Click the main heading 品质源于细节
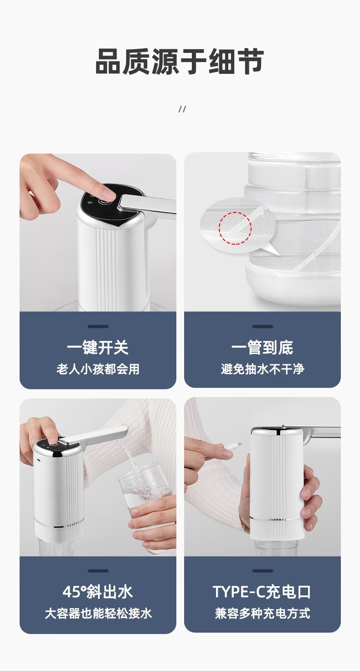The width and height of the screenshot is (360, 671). (x=180, y=62)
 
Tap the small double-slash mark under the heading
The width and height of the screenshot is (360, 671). (x=182, y=109)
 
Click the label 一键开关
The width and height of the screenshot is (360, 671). (x=98, y=347)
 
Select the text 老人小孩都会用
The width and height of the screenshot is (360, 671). (x=98, y=369)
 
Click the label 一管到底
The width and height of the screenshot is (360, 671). (x=262, y=347)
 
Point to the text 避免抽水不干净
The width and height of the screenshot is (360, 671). (x=262, y=369)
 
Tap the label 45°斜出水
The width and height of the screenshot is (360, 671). (x=98, y=592)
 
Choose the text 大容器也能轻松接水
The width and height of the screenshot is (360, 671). (x=98, y=614)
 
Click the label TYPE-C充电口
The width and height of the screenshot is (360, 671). (x=262, y=592)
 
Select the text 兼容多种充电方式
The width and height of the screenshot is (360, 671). (x=262, y=613)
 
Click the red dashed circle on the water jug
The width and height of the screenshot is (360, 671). (x=235, y=228)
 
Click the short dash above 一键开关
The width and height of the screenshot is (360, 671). (x=98, y=326)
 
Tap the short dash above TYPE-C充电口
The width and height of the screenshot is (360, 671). (x=262, y=571)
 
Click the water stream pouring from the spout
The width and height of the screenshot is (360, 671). (x=129, y=455)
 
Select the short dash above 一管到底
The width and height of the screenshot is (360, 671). (x=262, y=326)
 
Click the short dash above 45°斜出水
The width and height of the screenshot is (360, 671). (x=98, y=571)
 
